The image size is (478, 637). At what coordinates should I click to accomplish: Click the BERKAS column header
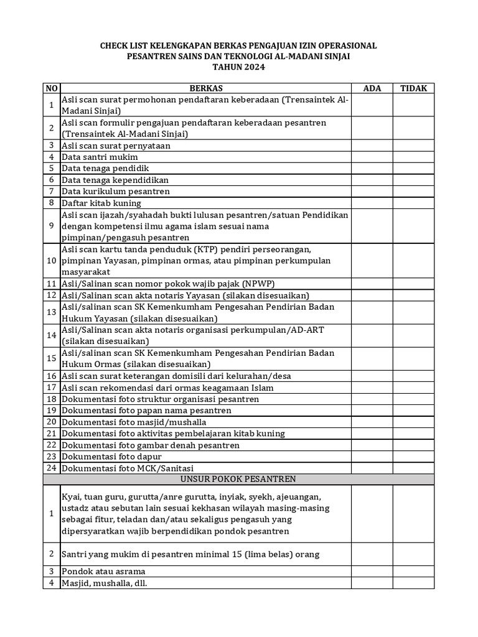tap(205, 88)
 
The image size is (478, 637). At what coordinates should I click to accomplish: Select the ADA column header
tap(372, 88)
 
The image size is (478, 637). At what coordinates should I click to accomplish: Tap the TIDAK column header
tap(413, 88)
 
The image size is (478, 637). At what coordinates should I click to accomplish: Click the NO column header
tap(52, 88)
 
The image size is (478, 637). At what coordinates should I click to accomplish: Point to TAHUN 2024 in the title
tap(239, 67)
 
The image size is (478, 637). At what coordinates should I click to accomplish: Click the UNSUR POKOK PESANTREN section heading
tap(238, 479)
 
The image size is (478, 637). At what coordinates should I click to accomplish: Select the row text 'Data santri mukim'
tap(100, 157)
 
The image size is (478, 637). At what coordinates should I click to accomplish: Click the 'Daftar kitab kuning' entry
tap(101, 203)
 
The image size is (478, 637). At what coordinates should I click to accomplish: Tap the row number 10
tap(52, 261)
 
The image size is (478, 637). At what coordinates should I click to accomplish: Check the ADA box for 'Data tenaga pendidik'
tap(372, 169)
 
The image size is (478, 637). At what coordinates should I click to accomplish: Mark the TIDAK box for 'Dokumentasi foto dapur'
tap(413, 457)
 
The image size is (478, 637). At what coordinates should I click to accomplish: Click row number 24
tap(52, 468)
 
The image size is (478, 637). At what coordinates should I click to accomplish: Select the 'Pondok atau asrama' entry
tap(103, 571)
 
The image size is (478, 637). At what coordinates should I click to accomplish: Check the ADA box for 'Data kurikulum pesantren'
tap(372, 192)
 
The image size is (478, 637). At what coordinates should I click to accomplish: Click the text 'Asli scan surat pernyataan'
tap(116, 146)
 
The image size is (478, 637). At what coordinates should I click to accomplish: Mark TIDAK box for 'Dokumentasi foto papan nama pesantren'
tap(413, 411)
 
